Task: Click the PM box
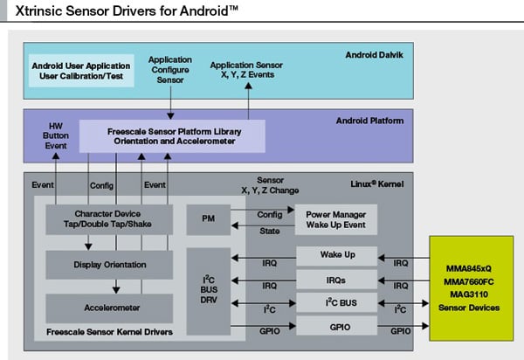[209, 218]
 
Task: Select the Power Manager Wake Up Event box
[336, 218]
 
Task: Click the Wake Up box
[336, 257]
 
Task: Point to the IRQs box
[336, 280]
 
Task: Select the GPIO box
[336, 326]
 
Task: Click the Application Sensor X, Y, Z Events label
[247, 70]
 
